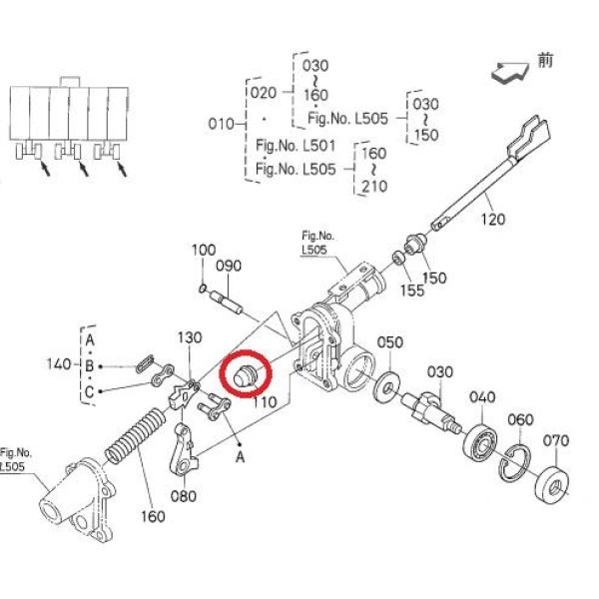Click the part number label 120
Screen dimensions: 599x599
[493, 220]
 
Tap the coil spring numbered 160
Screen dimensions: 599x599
[136, 435]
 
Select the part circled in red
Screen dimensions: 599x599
[246, 375]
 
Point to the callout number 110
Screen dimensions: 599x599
[265, 401]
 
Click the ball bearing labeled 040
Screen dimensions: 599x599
[479, 442]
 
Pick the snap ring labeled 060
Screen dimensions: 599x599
[515, 463]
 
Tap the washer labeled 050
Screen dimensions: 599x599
[387, 384]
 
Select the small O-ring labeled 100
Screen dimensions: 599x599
[203, 289]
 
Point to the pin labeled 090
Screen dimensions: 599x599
[226, 302]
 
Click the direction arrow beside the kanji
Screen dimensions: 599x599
[510, 73]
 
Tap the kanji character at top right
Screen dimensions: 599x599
[545, 60]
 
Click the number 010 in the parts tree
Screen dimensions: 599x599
[221, 124]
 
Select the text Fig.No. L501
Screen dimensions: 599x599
[296, 146]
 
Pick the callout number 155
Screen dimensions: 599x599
[412, 291]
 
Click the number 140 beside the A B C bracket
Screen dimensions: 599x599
[59, 363]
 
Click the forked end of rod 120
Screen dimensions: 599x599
[529, 138]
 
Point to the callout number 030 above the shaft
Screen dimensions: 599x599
[439, 371]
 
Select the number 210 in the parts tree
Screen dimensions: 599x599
[374, 187]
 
